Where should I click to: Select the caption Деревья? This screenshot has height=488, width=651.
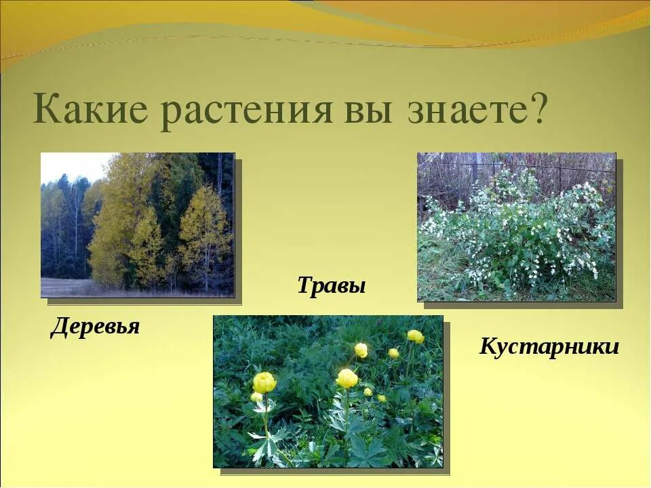click(95, 327)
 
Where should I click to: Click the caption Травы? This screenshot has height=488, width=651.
click(332, 285)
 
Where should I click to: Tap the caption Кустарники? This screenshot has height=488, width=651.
click(549, 347)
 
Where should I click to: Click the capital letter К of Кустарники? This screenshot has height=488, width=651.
click(488, 347)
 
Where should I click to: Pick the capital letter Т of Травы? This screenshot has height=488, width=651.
click(304, 285)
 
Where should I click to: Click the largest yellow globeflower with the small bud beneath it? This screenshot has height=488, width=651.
click(264, 382)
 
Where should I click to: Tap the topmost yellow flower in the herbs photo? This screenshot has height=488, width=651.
click(416, 336)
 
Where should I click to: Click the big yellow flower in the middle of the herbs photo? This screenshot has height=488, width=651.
click(347, 378)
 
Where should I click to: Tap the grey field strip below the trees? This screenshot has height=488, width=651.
click(68, 287)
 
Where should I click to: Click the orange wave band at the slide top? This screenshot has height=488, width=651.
click(475, 17)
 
